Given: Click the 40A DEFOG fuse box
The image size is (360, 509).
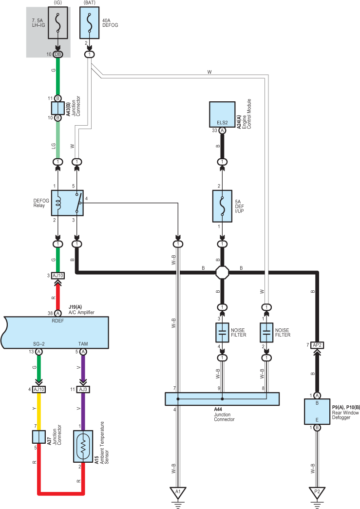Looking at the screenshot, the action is (x=89, y=22).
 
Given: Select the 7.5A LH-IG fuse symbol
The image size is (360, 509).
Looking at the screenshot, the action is (x=58, y=22).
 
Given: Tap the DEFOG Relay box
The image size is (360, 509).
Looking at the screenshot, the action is (x=67, y=203).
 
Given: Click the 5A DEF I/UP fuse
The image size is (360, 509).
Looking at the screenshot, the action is (x=222, y=206).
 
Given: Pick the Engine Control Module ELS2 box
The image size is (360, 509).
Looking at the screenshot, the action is (x=222, y=114).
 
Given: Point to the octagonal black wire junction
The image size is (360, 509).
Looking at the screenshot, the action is (x=222, y=272).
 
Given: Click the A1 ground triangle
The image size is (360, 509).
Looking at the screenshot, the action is (x=178, y=492).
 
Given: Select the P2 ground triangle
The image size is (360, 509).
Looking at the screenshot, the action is (x=317, y=492).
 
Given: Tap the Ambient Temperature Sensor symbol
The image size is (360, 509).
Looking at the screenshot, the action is (x=83, y=446).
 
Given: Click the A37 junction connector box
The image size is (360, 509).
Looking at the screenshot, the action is (x=38, y=436).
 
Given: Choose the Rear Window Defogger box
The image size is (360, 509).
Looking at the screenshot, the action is (x=317, y=411).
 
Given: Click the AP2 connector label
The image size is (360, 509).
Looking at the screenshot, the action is (x=317, y=345).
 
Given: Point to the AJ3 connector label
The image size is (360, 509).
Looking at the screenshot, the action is (x=83, y=389).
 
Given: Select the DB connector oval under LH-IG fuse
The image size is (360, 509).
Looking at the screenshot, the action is (x=58, y=54).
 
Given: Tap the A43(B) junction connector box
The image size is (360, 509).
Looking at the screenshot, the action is (x=58, y=108).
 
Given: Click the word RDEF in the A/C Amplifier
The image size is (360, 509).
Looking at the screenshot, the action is (x=58, y=320).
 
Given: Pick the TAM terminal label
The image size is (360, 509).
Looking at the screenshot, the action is (x=83, y=344).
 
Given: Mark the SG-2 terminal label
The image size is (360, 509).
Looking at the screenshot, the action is (x=38, y=344).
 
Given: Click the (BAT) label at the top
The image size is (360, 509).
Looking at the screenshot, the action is (x=89, y=2).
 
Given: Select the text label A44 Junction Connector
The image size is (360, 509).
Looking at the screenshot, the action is (x=224, y=415).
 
